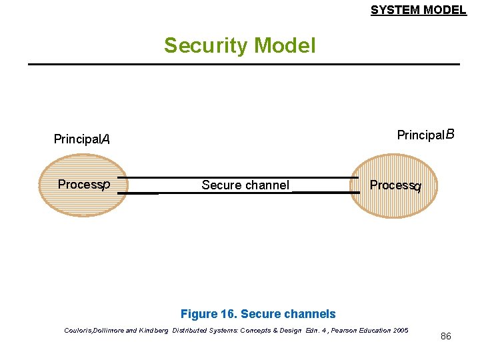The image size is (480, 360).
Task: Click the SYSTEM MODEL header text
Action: point(418,10)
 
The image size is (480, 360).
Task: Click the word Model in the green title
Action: point(283,45)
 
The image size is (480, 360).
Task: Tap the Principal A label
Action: point(81,139)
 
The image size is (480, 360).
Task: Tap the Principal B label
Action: point(425,135)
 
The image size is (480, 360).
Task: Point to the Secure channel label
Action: point(245,185)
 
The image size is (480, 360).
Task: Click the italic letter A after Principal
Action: point(105,139)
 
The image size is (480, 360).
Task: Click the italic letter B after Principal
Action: point(450,135)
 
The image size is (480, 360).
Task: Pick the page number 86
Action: point(446,336)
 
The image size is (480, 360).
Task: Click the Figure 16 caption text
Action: point(258,314)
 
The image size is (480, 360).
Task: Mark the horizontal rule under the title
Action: point(243,64)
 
